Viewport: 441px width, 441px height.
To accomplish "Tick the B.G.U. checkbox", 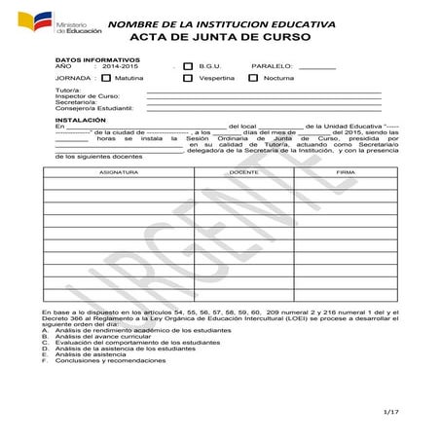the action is point(188,66).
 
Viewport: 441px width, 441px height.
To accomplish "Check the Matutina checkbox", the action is point(106,77).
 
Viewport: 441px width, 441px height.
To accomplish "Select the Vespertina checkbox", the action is point(188,77).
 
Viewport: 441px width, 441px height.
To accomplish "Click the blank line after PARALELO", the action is point(316,67).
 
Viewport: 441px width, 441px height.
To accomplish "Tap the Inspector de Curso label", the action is point(88,96).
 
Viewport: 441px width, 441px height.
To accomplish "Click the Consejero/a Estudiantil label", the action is point(94,108).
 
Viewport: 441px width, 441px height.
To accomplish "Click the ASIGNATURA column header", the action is point(119,171).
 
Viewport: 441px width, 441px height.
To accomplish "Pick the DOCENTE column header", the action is point(243,171).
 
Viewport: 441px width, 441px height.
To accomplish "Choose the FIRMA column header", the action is point(345,171).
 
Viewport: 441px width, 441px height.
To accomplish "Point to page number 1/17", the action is point(391,412).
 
